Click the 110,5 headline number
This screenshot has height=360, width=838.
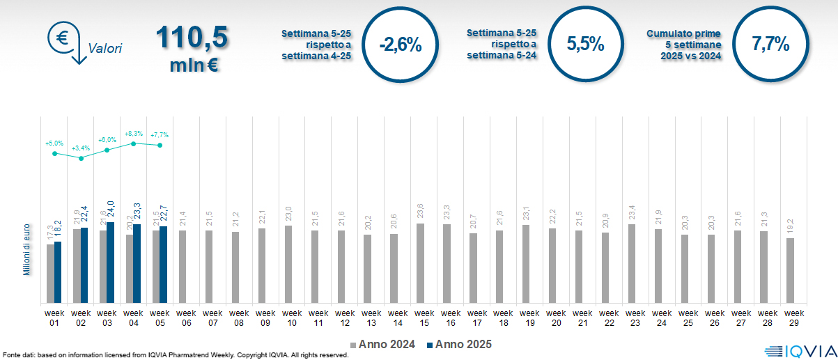[x=192, y=38]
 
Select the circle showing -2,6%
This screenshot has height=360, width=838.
[x=400, y=45]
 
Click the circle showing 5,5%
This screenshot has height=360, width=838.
[x=585, y=45]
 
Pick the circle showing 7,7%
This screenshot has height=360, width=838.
[x=770, y=45]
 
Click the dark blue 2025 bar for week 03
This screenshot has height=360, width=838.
[x=110, y=263]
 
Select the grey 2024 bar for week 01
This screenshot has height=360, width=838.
[x=50, y=274]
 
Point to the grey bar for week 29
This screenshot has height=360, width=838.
[x=790, y=271]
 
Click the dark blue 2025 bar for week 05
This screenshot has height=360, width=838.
[x=163, y=265]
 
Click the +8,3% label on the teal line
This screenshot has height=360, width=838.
[x=134, y=133]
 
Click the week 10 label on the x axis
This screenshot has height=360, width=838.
[x=292, y=318]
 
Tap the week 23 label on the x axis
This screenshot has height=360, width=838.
[x=635, y=318]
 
